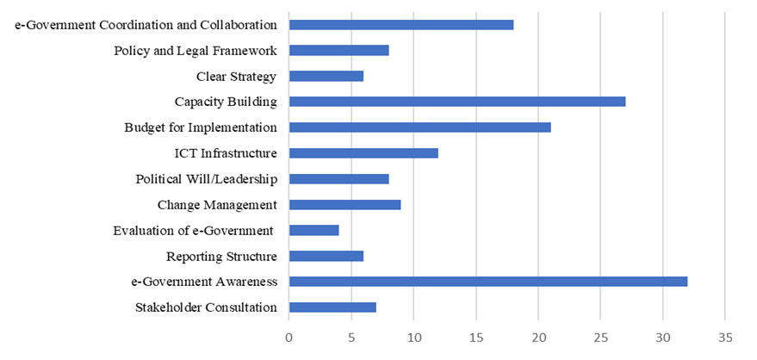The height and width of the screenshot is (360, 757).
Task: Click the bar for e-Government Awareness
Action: tap(488, 282)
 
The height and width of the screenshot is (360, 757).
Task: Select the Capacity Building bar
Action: tap(457, 102)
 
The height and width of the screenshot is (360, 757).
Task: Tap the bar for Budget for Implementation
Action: tap(419, 127)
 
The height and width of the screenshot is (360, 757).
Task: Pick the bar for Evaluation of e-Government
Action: tap(314, 230)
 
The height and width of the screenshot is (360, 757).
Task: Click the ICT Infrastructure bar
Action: tap(363, 153)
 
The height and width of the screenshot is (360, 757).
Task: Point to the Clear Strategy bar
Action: tap(326, 76)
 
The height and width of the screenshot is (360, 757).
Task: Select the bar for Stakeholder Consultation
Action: tap(332, 307)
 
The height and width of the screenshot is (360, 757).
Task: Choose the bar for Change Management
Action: tap(344, 205)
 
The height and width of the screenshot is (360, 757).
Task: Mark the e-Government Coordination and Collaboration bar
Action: tap(401, 24)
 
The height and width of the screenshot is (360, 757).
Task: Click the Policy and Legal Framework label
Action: tap(195, 50)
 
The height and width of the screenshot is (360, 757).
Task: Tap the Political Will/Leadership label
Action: tap(207, 179)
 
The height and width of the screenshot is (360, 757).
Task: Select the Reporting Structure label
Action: tap(221, 256)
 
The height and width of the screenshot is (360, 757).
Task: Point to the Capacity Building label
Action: tap(226, 102)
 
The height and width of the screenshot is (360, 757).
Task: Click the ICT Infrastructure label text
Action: tap(226, 153)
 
